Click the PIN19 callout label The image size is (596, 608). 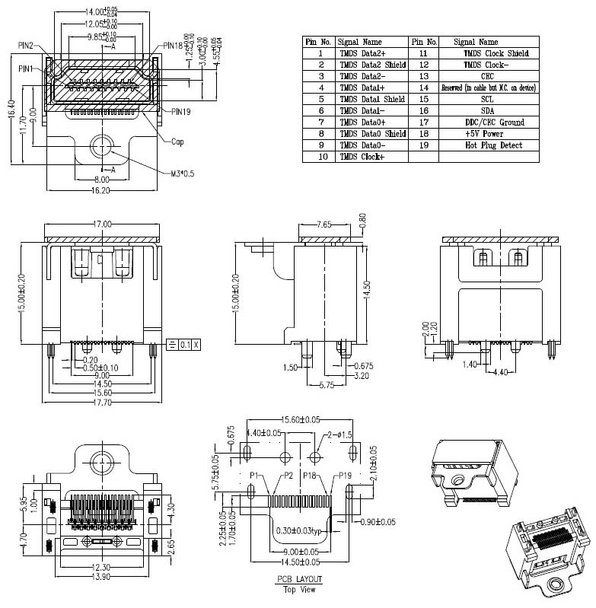pyautogui.click(x=180, y=112)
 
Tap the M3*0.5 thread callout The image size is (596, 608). pyautogui.click(x=182, y=173)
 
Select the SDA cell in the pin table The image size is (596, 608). pyautogui.click(x=487, y=110)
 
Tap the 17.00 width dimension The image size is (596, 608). pyautogui.click(x=101, y=224)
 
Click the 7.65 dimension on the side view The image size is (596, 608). pyautogui.click(x=326, y=224)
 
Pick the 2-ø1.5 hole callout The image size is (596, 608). pyautogui.click(x=338, y=435)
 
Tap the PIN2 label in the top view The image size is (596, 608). pyautogui.click(x=25, y=46)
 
